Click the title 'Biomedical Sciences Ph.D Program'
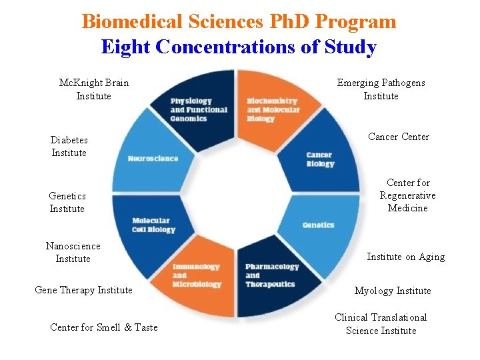(239, 21)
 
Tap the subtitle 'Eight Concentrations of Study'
(239, 47)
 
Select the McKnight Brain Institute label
(94, 89)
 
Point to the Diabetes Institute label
(69, 146)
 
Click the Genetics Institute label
(67, 202)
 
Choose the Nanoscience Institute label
(73, 252)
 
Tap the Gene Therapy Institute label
(83, 289)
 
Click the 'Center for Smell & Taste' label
(104, 327)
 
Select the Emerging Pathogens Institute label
(381, 89)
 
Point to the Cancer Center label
(399, 137)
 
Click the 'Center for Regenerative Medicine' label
(408, 195)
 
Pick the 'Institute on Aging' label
(406, 257)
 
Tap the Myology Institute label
(393, 291)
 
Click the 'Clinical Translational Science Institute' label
(381, 324)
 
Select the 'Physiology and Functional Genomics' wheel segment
(197, 107)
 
